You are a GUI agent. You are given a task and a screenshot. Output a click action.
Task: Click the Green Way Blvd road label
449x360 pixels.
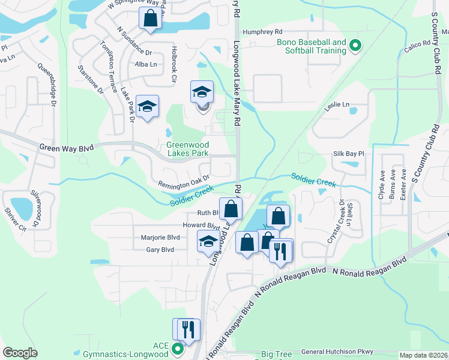click(x=68, y=147)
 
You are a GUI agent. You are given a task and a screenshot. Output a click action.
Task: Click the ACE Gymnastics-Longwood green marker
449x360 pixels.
click(x=178, y=348)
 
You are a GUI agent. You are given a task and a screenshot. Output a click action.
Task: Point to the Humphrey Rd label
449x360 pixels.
click(x=262, y=32)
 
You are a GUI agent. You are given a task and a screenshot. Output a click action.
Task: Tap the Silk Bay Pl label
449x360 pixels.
click(x=349, y=154)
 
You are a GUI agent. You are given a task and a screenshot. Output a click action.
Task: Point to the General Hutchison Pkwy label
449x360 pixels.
click(x=337, y=352)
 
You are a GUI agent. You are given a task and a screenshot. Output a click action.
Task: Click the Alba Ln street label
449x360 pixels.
click(x=146, y=64)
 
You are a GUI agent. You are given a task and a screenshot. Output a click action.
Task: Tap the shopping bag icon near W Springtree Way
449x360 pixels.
click(x=150, y=17)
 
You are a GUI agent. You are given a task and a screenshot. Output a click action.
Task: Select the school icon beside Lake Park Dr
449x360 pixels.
click(x=147, y=107)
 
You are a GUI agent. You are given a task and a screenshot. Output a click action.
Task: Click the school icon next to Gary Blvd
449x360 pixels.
click(x=208, y=241)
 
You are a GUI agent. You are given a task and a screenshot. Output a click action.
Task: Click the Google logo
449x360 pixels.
click(x=20, y=352)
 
